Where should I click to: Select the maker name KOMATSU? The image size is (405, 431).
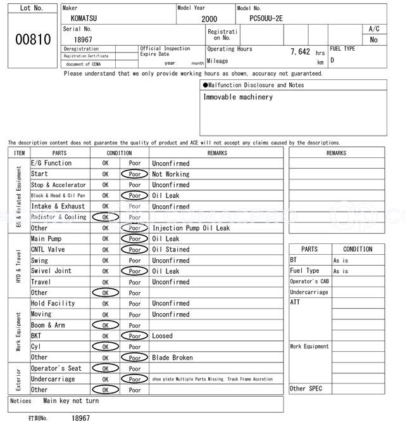(x=85, y=19)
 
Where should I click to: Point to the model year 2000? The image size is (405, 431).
(x=208, y=20)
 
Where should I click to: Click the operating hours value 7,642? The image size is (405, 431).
(x=300, y=52)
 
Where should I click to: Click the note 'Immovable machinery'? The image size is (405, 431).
(x=238, y=97)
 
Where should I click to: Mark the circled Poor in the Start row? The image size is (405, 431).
(x=134, y=174)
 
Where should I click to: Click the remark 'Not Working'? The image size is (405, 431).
(x=170, y=174)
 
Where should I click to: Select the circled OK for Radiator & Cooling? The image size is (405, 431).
(x=105, y=217)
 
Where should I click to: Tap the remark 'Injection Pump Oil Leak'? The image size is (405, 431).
(x=190, y=228)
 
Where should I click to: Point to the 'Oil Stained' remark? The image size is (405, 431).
(x=170, y=250)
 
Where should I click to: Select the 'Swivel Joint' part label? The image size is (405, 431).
(x=51, y=271)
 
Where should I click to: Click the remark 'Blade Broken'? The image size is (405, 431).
(x=172, y=357)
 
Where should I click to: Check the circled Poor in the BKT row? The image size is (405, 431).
(x=134, y=336)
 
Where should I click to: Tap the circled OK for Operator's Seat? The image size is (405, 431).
(x=105, y=368)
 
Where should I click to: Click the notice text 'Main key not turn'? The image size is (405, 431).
(x=71, y=401)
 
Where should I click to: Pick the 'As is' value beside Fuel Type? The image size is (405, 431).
(x=340, y=271)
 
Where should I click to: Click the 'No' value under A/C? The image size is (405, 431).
(x=373, y=40)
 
